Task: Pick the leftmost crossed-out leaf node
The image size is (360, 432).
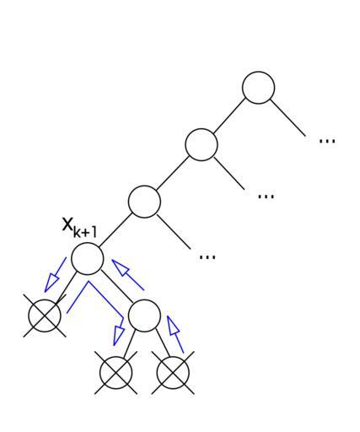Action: point(45,316)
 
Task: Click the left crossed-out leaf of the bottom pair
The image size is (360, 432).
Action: point(116,373)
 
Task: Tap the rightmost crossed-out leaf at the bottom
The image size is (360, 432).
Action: point(173,373)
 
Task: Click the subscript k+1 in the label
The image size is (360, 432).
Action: point(85,233)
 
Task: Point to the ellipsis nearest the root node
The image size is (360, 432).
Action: point(327,141)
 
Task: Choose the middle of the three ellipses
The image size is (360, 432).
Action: point(266,197)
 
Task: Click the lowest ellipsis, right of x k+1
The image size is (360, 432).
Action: point(207,256)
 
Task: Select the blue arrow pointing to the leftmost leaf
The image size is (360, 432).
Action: point(55,275)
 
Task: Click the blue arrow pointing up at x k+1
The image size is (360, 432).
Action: point(128,275)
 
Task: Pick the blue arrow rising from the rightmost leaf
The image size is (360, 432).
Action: point(175,334)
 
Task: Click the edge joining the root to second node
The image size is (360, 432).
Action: point(229,116)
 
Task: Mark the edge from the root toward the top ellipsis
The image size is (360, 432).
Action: point(287,118)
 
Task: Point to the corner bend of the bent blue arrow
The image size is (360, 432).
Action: point(89,281)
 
